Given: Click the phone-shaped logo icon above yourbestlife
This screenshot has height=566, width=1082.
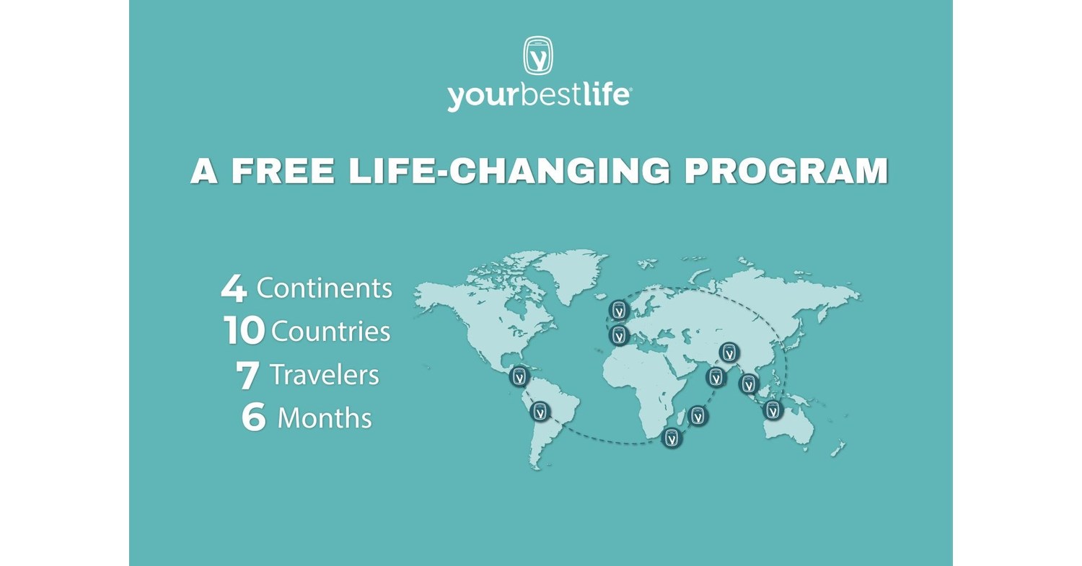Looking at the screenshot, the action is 538,56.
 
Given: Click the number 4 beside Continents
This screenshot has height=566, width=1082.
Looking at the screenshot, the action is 234,289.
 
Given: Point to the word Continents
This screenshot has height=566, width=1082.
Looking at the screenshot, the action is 324,288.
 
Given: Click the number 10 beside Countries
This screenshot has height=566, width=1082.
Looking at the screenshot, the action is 244,331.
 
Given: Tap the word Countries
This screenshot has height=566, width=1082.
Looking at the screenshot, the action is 331,331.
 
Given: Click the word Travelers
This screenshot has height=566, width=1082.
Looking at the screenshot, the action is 325,375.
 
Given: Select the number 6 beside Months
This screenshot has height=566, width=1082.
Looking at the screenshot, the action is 254,417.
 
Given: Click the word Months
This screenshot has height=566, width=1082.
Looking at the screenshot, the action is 325,417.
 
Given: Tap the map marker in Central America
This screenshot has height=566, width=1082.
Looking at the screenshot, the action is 519,376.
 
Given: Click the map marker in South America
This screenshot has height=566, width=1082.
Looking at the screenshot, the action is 540,412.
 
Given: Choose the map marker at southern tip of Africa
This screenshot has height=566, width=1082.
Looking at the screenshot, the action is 672,438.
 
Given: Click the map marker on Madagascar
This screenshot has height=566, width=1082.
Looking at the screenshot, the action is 698,416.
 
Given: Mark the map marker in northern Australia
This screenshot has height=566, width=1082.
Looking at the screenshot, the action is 773,410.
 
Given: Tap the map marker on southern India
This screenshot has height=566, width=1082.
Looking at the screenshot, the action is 716,377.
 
